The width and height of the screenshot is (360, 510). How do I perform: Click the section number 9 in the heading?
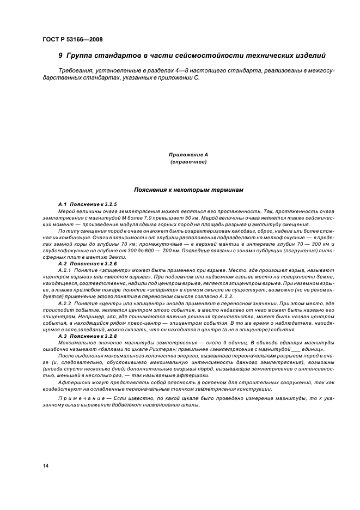click(60, 56)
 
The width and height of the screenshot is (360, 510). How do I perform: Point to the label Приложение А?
click(187, 155)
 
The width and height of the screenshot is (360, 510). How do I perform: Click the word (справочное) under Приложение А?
click(187, 162)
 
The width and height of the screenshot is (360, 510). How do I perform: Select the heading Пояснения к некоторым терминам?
click(188, 190)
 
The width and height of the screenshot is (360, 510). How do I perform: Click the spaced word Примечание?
click(80, 399)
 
